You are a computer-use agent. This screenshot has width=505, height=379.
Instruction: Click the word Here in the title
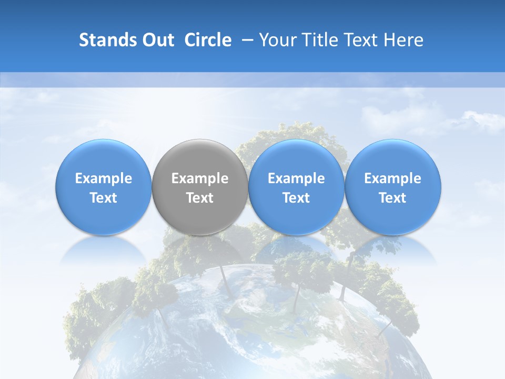(x=403, y=40)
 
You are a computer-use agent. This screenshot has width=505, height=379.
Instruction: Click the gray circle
(x=200, y=158)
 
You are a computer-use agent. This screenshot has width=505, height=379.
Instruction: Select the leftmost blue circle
(x=104, y=158)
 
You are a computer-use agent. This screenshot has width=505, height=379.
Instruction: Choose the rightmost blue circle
(x=392, y=158)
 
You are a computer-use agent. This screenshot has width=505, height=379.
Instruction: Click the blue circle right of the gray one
(x=296, y=158)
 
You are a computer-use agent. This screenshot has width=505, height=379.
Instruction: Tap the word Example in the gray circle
(x=200, y=178)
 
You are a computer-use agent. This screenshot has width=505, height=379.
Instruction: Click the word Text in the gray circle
(x=200, y=198)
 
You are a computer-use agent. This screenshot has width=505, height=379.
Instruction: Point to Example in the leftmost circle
(x=104, y=178)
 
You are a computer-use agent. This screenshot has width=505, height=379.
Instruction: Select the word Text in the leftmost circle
(x=104, y=198)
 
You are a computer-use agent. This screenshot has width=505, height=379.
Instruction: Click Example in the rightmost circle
(x=392, y=178)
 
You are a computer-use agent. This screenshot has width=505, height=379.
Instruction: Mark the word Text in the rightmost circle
(x=392, y=198)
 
